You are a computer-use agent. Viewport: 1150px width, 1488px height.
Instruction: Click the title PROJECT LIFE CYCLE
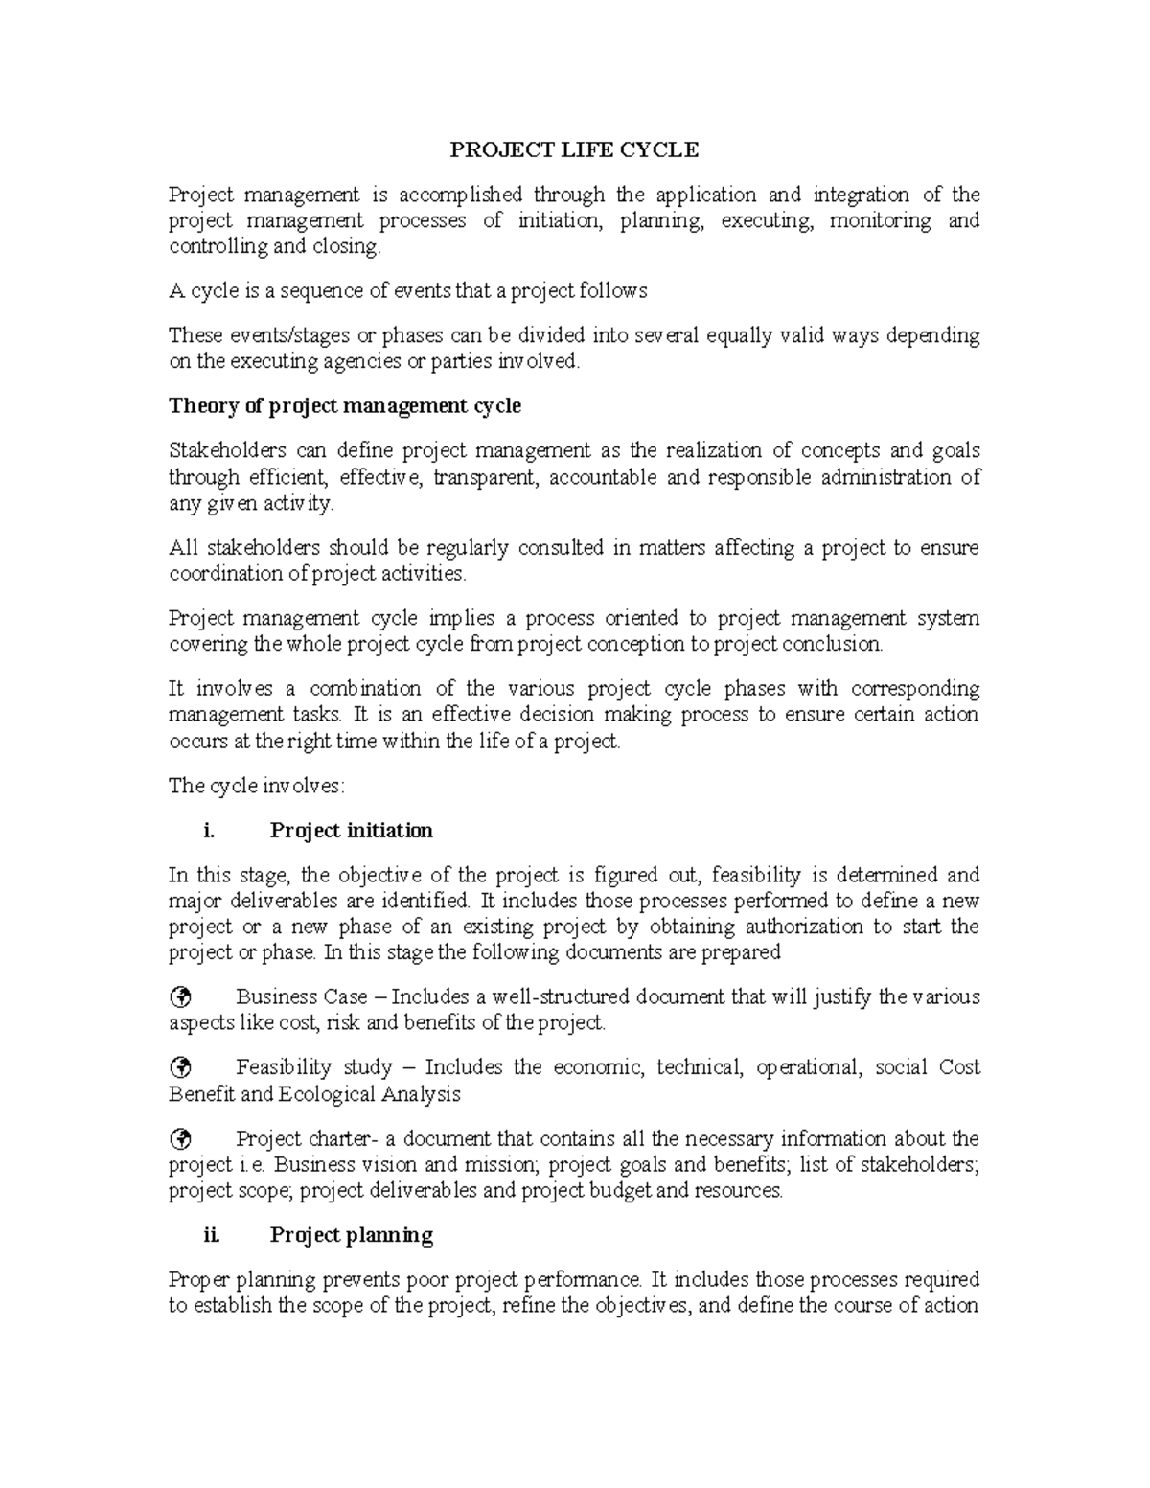pyautogui.click(x=575, y=149)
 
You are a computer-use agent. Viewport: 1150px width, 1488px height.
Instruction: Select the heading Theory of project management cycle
pyautogui.click(x=345, y=406)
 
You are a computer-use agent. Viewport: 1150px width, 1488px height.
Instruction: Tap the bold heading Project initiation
pyautogui.click(x=351, y=831)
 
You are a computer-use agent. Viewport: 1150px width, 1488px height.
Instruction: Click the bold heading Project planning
pyautogui.click(x=351, y=1235)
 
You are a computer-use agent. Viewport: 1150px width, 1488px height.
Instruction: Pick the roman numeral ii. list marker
pyautogui.click(x=212, y=1235)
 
